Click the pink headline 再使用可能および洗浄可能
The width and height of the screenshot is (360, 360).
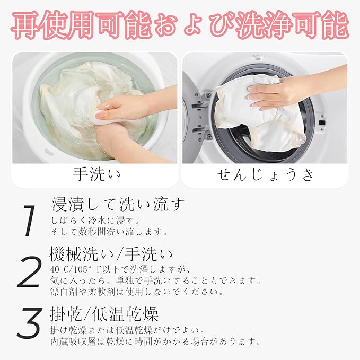(180, 25)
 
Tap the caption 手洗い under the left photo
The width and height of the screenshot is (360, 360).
(96, 175)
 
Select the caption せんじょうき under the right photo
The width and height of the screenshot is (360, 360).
(265, 175)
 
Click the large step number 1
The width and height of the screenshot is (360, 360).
(29, 221)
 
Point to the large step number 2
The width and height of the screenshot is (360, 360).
(29, 273)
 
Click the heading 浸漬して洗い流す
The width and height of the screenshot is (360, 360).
(118, 204)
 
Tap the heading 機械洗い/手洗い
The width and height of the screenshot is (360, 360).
(111, 254)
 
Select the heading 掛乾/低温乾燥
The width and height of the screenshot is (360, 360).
(104, 314)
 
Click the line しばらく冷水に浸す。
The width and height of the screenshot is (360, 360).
(95, 221)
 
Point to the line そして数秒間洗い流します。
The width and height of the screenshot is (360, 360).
(109, 232)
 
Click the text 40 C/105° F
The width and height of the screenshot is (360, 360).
(76, 269)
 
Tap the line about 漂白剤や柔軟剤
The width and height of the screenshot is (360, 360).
(137, 292)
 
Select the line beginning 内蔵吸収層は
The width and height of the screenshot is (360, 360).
(156, 341)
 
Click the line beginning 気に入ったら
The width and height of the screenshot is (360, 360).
(156, 280)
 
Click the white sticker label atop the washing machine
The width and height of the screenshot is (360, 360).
(258, 57)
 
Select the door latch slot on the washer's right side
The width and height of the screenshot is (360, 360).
(322, 122)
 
